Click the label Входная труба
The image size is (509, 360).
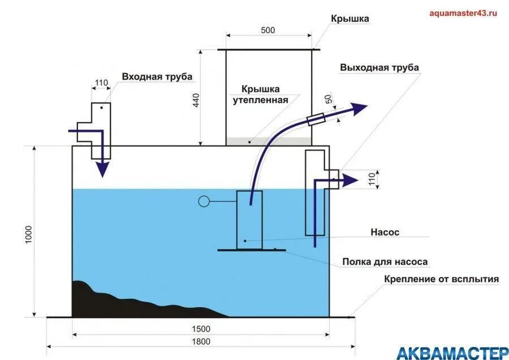[157, 77]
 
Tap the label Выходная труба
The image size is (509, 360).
[379, 67]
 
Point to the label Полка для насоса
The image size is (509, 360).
[385, 262]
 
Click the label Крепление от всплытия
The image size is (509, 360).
[441, 279]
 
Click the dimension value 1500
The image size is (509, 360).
[200, 329]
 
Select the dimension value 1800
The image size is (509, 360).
[200, 341]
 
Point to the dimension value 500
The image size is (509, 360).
[269, 30]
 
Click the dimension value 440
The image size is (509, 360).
[195, 99]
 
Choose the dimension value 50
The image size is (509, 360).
[329, 100]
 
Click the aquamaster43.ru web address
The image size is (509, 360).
[463, 13]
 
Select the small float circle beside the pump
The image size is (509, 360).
[204, 200]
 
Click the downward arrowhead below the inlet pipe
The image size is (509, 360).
[102, 168]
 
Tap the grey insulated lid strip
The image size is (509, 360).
[269, 141]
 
